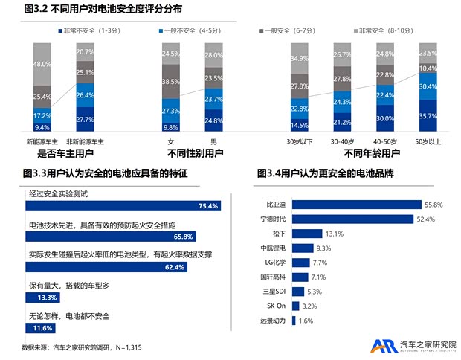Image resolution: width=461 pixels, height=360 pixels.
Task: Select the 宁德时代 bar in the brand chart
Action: click(x=352, y=219)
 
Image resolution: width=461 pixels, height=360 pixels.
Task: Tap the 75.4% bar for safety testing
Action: click(x=123, y=206)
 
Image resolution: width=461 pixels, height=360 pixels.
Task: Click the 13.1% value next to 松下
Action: click(x=334, y=233)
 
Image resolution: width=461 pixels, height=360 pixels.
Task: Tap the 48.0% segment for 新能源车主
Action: click(x=42, y=64)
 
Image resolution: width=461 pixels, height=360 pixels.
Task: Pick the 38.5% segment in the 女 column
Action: click(x=171, y=80)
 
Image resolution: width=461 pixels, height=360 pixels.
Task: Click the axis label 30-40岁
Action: click(x=341, y=141)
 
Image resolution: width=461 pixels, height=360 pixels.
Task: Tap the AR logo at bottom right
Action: click(x=384, y=345)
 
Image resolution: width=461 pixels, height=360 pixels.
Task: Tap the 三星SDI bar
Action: click(x=297, y=291)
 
